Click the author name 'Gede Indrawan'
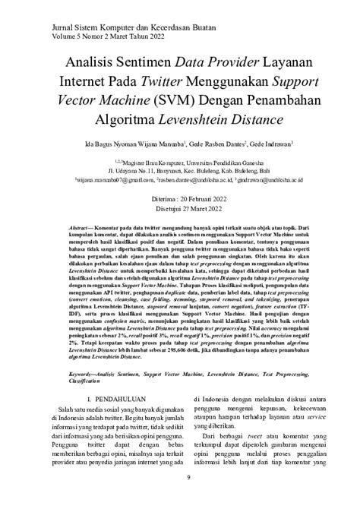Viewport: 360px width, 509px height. [272, 142]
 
